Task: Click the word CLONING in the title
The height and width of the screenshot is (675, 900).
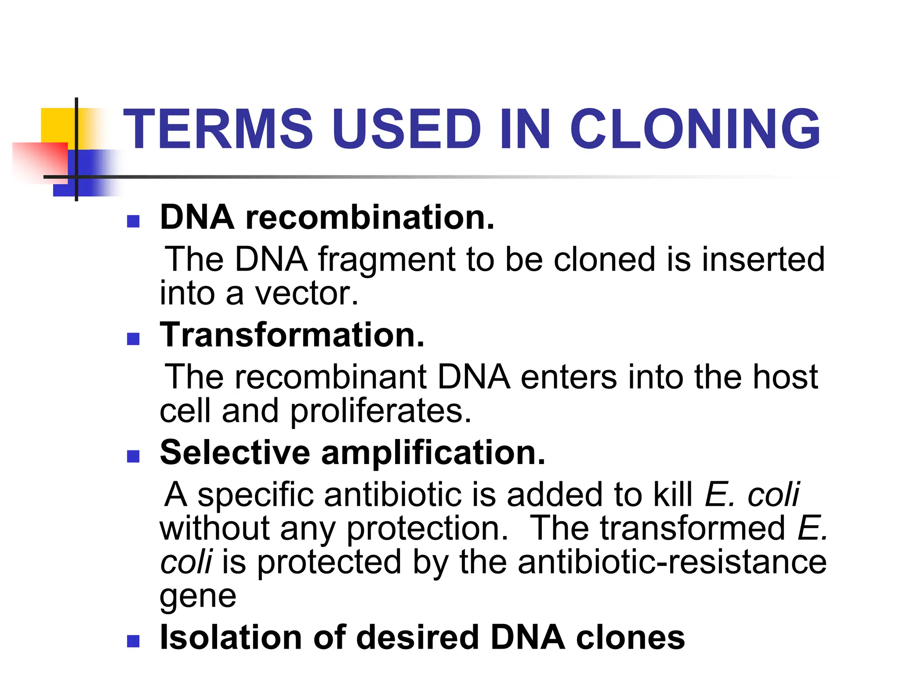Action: (695, 129)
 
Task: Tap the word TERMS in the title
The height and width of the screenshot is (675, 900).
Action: (218, 129)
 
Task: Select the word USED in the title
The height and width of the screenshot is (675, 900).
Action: (407, 129)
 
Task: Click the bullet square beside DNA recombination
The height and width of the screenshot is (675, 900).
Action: (133, 221)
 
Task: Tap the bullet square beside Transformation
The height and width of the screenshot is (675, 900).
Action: (133, 338)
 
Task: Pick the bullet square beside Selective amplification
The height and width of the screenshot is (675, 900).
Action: (133, 456)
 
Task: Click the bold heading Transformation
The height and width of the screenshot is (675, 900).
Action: (292, 335)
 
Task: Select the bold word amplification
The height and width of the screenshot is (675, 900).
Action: (433, 453)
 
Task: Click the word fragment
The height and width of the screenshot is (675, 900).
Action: (387, 260)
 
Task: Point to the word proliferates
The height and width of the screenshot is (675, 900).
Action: (381, 411)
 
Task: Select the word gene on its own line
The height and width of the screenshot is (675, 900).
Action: (198, 597)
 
